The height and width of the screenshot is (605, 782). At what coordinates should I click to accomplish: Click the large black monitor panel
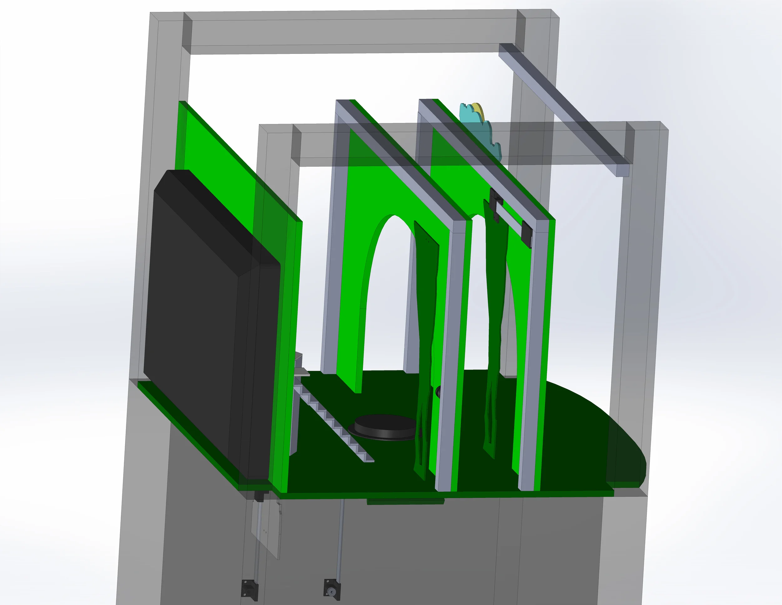point(211,323)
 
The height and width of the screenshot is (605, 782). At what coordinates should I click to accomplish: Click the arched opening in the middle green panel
point(387,294)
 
